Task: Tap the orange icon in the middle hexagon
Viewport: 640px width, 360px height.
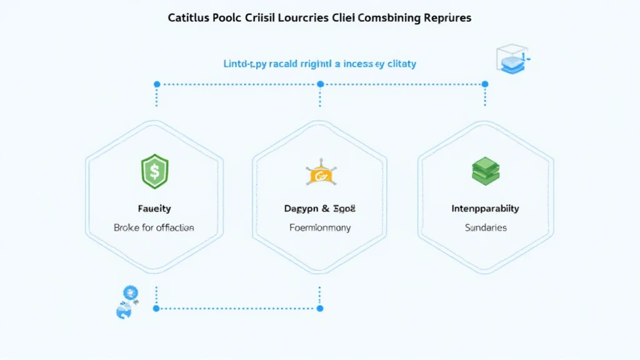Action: tap(319, 174)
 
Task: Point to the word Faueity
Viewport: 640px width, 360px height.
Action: tap(154, 208)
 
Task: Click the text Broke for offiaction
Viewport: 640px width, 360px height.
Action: tap(154, 227)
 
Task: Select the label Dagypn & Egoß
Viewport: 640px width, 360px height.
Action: tap(319, 208)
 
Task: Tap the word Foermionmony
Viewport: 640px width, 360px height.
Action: tap(319, 227)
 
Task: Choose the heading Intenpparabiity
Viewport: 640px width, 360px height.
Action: tap(486, 208)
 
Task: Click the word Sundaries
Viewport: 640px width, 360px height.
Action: tap(486, 227)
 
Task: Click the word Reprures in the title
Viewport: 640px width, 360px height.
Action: tap(447, 18)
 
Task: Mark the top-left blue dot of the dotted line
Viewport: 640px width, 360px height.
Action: tap(157, 84)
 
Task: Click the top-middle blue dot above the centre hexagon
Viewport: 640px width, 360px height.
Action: tap(320, 84)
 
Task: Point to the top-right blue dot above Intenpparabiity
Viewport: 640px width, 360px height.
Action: tap(485, 84)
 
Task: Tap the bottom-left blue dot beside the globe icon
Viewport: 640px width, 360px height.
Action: tap(157, 308)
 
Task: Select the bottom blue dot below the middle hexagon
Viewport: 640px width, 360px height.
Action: tap(320, 308)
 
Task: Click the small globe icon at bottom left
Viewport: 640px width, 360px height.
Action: tap(127, 302)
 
